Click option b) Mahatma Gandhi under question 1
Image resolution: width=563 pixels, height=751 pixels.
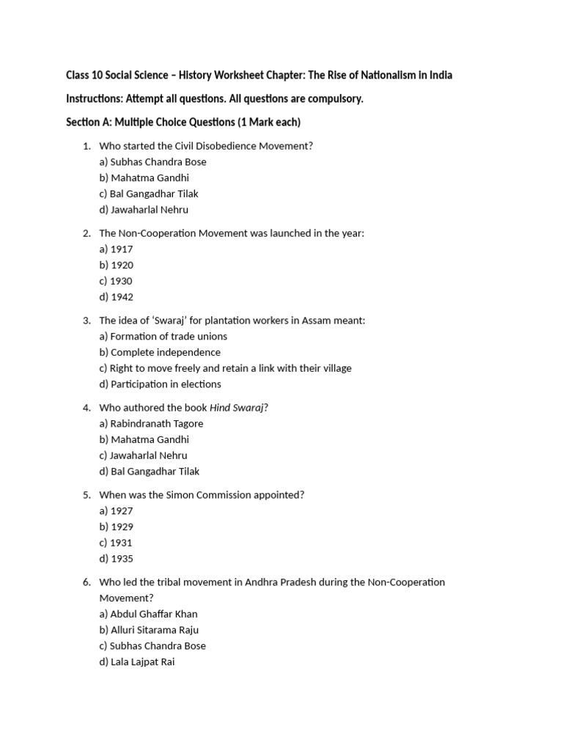pyautogui.click(x=144, y=177)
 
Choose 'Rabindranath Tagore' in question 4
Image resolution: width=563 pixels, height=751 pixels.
pyautogui.click(x=151, y=423)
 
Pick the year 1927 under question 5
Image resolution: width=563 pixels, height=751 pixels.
pyautogui.click(x=116, y=510)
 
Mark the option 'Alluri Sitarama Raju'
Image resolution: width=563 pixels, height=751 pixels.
pyautogui.click(x=149, y=629)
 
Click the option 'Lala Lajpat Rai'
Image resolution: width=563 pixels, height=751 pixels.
pyautogui.click(x=137, y=662)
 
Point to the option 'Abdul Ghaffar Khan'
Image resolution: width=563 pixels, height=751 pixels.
pyautogui.click(x=148, y=613)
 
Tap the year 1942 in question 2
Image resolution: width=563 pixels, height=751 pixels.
pyautogui.click(x=116, y=297)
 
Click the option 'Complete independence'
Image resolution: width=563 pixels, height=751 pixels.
pyautogui.click(x=159, y=352)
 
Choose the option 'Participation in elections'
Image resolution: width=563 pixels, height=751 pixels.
pyautogui.click(x=160, y=384)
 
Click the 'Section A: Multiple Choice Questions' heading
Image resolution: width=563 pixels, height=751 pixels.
pyautogui.click(x=183, y=122)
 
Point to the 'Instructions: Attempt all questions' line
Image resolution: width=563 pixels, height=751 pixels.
pyautogui.click(x=215, y=98)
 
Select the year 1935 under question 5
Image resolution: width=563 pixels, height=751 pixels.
pyautogui.click(x=116, y=559)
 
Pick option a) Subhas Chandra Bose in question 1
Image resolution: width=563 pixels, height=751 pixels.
pyautogui.click(x=152, y=161)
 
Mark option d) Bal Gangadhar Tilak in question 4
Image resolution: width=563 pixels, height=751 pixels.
pyautogui.click(x=149, y=471)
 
